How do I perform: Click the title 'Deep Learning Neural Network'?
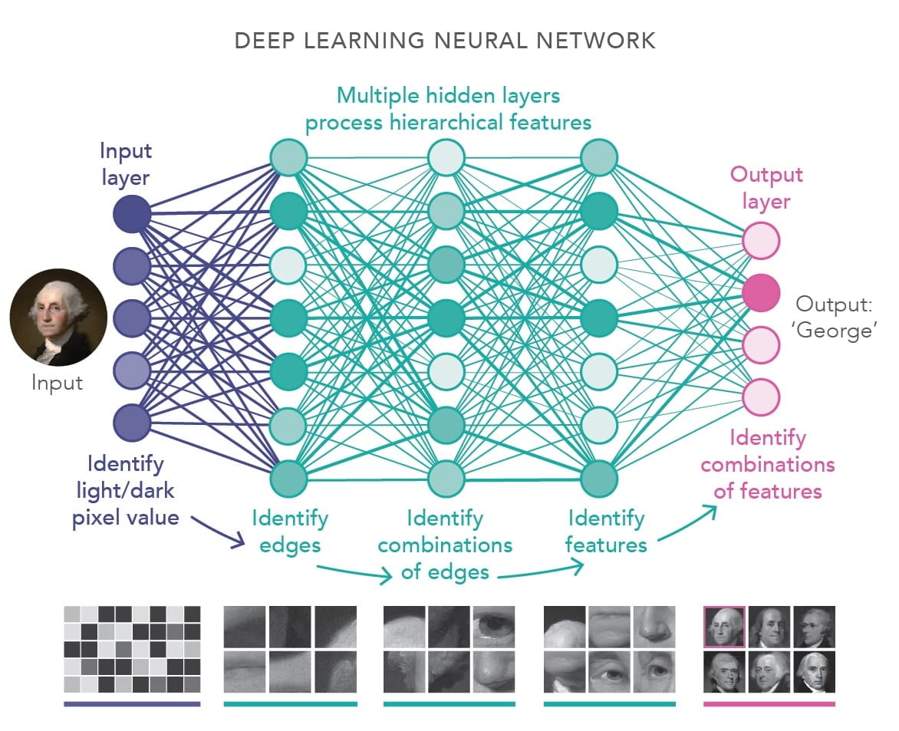click(x=445, y=41)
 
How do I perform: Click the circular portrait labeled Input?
click(x=48, y=317)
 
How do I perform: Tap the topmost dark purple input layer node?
click(x=132, y=213)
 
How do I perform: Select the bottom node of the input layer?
click(x=132, y=423)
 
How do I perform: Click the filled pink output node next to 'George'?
click(x=761, y=292)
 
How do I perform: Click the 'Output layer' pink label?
click(x=766, y=188)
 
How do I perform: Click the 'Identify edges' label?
click(x=290, y=531)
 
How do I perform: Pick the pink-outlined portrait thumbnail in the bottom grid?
click(x=723, y=627)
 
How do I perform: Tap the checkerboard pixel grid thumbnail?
click(x=132, y=649)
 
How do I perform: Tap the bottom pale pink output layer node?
click(x=761, y=397)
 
